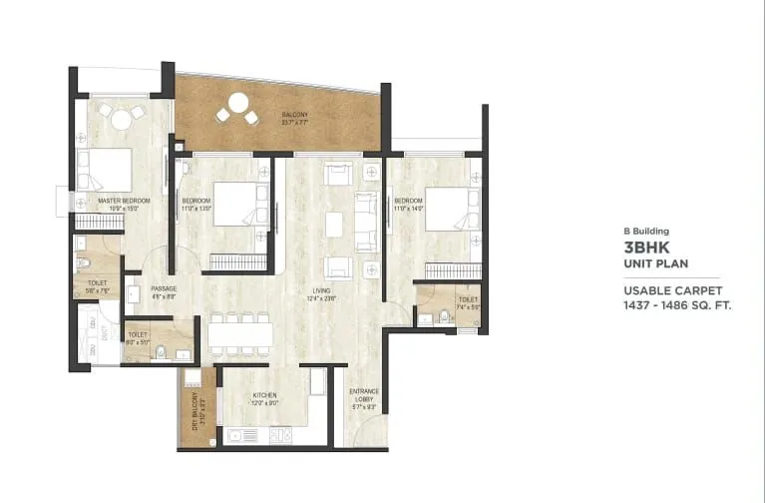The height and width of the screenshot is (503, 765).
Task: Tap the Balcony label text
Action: [x=294, y=115]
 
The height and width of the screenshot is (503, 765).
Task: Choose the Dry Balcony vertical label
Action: [x=196, y=408]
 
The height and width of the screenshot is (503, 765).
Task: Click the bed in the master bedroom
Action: [x=108, y=169]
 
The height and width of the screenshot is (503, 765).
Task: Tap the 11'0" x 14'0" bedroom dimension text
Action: [x=438, y=209]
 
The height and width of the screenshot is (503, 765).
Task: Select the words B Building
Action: [x=645, y=231]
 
